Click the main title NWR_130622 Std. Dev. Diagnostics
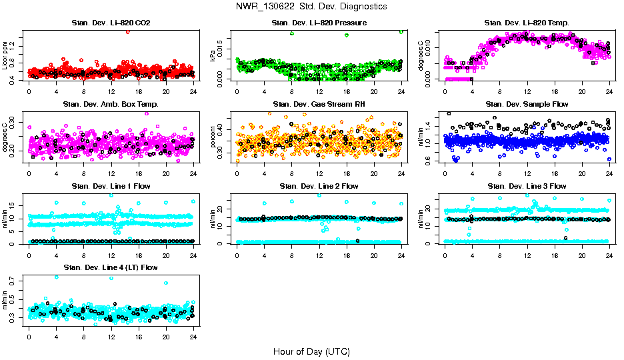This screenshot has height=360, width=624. click(x=311, y=7)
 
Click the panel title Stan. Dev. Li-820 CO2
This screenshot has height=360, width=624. click(x=111, y=23)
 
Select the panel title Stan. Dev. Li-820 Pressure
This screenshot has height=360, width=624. click(x=319, y=23)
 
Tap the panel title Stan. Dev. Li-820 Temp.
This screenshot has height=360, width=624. click(x=527, y=23)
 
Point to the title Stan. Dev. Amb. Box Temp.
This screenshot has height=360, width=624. click(x=111, y=105)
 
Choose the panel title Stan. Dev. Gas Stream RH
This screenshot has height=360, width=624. click(x=319, y=105)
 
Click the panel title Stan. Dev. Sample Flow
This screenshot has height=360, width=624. click(x=527, y=105)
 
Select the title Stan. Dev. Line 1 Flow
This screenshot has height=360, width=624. click(x=111, y=186)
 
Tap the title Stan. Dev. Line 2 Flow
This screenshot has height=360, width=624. click(x=319, y=186)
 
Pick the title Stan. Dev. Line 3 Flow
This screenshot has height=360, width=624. click(x=527, y=186)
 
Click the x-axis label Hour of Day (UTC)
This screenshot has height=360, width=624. click(x=311, y=351)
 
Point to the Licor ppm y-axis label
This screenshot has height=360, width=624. click(x=5, y=55)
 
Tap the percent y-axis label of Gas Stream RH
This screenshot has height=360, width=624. click(x=213, y=137)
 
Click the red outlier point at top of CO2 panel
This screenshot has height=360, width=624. click(x=127, y=31)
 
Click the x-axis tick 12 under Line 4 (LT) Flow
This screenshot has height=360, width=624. click(x=111, y=337)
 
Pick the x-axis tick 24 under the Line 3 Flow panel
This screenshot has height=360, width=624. click(x=609, y=256)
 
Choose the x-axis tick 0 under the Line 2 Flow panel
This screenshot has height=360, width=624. click(x=237, y=256)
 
